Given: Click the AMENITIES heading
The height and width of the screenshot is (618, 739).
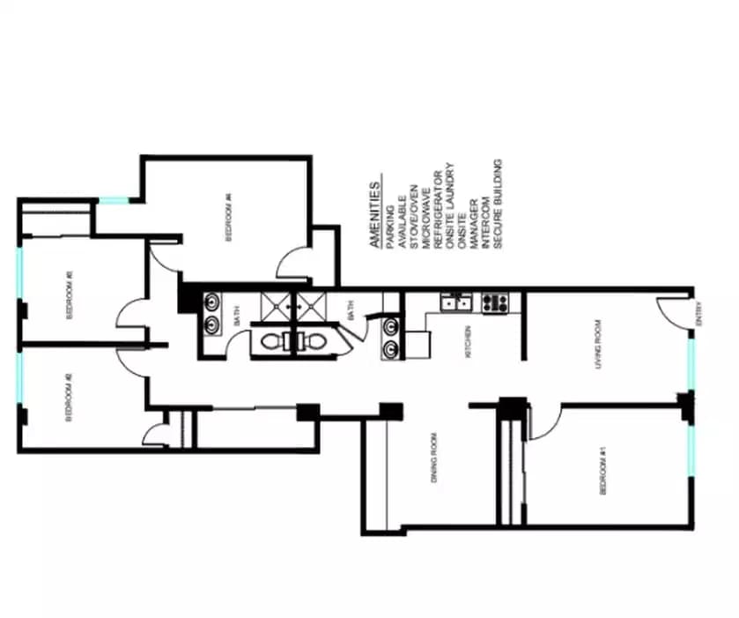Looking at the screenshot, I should point(376,215).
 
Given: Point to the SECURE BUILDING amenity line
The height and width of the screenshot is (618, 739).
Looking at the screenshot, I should point(498,206).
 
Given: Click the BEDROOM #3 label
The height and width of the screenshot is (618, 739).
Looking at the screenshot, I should point(70,299).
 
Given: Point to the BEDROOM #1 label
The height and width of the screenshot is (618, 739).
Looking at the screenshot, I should point(602,471).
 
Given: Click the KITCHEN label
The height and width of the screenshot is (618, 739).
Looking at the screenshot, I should point(469,343).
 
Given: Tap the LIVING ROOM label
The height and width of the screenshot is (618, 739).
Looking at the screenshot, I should point(598,344).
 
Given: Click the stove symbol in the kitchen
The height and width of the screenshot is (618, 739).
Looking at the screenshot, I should point(495,302).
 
